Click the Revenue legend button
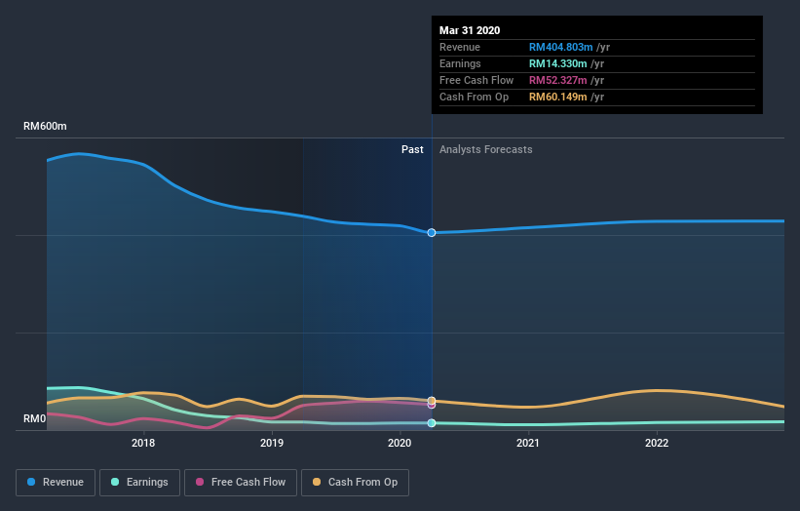[57, 482]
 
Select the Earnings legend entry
[139, 482]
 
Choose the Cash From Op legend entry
[360, 482]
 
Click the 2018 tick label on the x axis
[143, 443]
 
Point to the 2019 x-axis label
[272, 443]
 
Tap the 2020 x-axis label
[400, 443]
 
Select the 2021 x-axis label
[528, 443]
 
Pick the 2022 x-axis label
[657, 443]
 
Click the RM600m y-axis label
[46, 127]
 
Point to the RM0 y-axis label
[36, 419]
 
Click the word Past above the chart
[412, 149]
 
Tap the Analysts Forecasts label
[486, 149]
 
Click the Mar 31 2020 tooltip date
[470, 30]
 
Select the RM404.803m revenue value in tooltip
[559, 47]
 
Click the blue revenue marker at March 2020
[432, 232]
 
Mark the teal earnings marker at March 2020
[432, 423]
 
